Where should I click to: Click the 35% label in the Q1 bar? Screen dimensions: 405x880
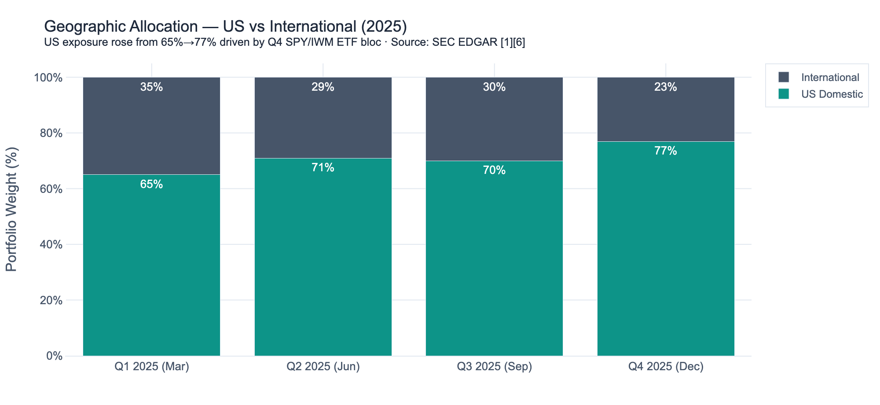[x=151, y=87]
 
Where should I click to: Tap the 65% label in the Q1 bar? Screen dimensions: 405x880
[x=151, y=184]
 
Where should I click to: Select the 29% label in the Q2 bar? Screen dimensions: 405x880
[x=323, y=87]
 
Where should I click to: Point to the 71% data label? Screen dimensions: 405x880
[x=323, y=168]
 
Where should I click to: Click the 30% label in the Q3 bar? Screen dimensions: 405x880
[x=494, y=87]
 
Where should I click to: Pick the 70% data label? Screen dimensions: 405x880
[x=494, y=170]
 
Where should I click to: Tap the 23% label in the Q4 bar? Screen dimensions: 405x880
[x=665, y=87]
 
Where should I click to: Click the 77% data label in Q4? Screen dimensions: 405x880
[x=665, y=151]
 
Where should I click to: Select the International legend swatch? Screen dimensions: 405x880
[x=784, y=77]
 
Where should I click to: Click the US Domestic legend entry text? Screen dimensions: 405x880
[x=832, y=94]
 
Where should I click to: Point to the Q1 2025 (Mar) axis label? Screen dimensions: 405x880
[x=151, y=367]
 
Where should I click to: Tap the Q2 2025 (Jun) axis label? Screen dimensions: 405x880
[x=323, y=367]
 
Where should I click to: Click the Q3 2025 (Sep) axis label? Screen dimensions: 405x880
[x=494, y=367]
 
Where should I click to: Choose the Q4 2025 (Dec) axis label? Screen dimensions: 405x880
[x=665, y=367]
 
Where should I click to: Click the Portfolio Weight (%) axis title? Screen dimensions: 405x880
[x=12, y=209]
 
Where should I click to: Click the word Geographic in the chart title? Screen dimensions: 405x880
[x=83, y=27]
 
